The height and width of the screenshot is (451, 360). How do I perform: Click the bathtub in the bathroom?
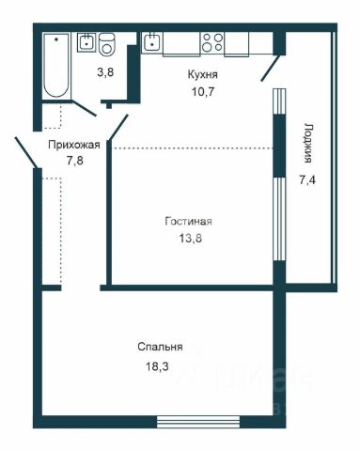(x=56, y=66)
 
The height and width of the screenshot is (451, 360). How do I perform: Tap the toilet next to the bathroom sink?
(x=107, y=44)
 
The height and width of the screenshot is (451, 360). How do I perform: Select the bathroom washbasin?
(x=86, y=42)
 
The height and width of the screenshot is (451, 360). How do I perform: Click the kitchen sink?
(x=152, y=42)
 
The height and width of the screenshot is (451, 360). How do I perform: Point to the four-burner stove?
(x=212, y=42)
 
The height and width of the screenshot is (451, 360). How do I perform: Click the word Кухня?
(x=202, y=75)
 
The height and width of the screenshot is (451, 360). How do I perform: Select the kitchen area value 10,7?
(x=202, y=92)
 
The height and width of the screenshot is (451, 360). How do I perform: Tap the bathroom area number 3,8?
(x=105, y=72)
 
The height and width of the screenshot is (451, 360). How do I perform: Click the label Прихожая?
(x=74, y=145)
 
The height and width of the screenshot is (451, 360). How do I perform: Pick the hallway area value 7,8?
(x=75, y=161)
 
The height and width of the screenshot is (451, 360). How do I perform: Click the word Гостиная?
(x=188, y=222)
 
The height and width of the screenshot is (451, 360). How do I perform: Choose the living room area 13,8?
(x=191, y=239)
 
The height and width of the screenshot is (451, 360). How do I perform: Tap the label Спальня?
(x=160, y=347)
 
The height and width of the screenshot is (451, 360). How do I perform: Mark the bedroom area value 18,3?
(x=157, y=366)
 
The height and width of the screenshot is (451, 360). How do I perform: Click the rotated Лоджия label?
(x=307, y=143)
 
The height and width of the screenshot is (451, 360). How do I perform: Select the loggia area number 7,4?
(x=307, y=180)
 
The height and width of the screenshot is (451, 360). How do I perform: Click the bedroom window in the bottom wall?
(x=198, y=422)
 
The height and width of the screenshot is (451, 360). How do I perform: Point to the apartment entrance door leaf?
(x=26, y=152)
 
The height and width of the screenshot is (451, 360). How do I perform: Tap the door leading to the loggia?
(x=271, y=68)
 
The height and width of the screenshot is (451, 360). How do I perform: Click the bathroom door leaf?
(x=85, y=108)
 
